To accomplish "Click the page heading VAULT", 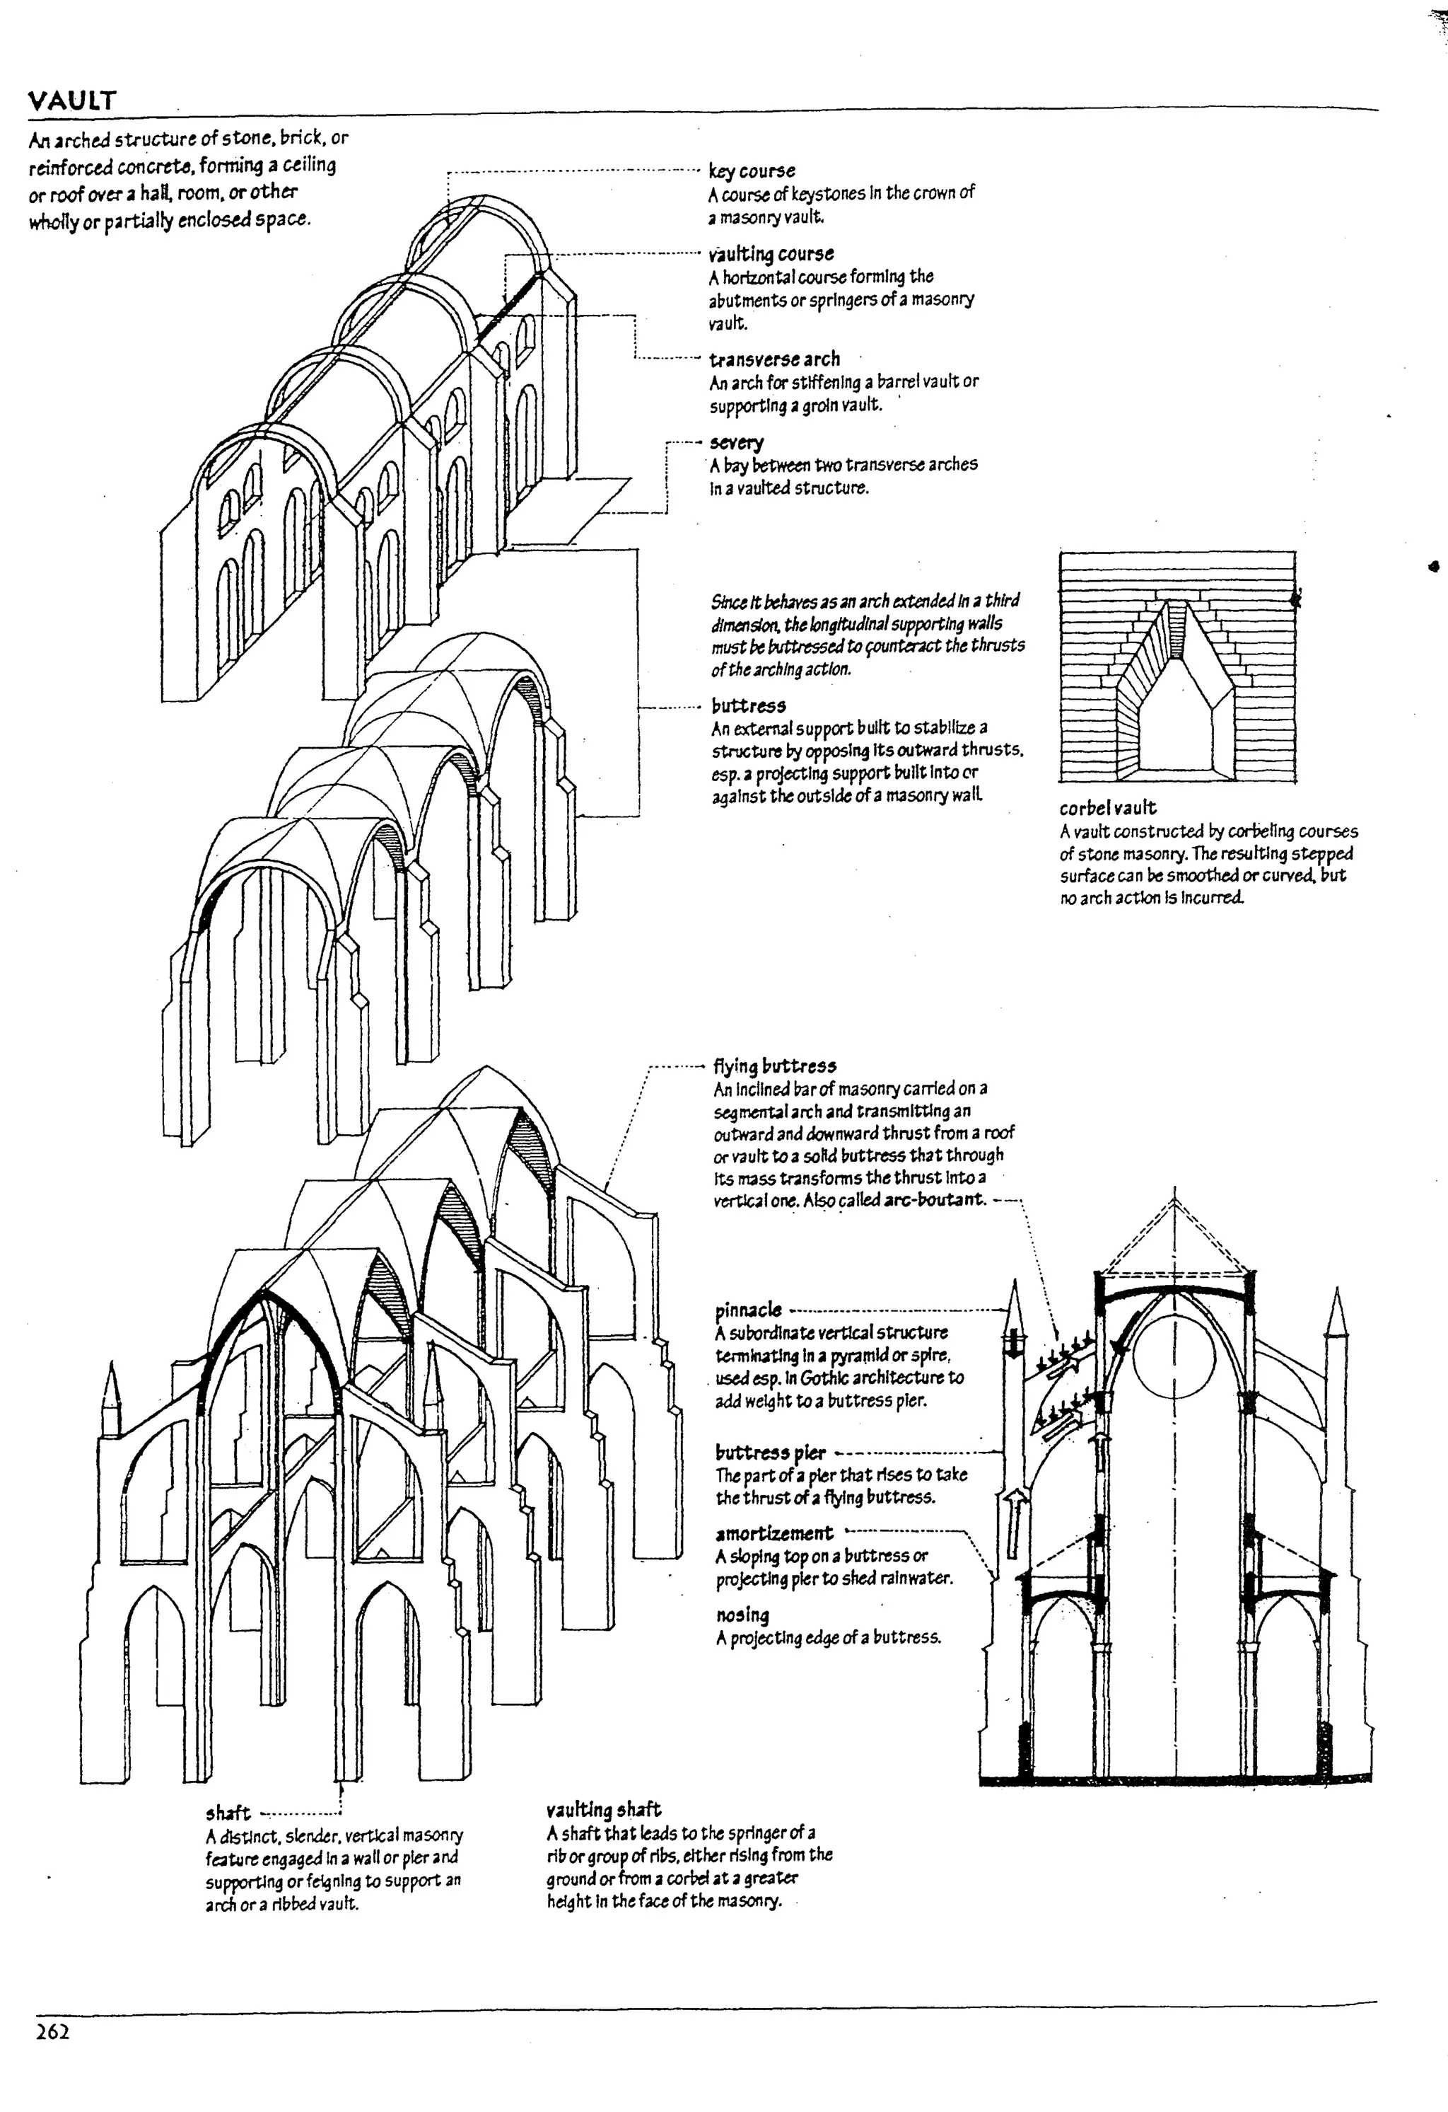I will [72, 100].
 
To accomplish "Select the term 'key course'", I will [752, 171].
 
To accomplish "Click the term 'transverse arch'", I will [774, 359].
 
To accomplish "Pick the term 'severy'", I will [737, 443].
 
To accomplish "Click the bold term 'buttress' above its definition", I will [749, 705].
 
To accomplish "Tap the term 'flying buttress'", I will [774, 1066].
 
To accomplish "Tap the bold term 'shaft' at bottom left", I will [228, 1813].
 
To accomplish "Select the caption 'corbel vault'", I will [1107, 808].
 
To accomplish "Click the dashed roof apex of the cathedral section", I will [1176, 1192].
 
